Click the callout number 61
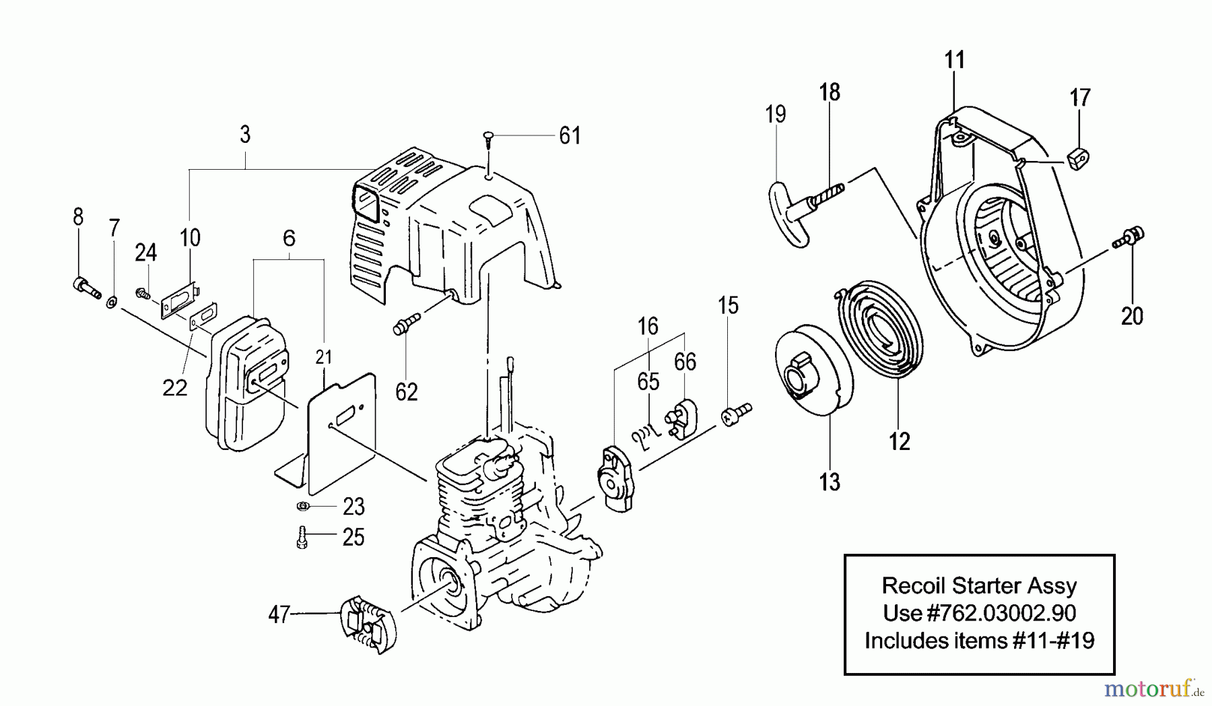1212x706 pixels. (x=570, y=136)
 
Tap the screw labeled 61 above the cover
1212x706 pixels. (x=487, y=139)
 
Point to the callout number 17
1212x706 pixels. (x=1080, y=98)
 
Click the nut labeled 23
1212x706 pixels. (x=302, y=507)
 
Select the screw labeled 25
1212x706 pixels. (x=302, y=538)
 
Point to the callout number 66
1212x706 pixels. (x=685, y=362)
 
